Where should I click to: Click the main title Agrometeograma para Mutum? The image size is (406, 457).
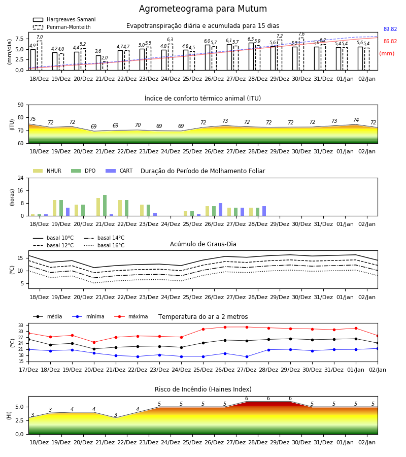[202, 9]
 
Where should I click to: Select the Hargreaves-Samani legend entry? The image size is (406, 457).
[64, 19]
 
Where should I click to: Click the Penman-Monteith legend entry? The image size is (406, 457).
[62, 27]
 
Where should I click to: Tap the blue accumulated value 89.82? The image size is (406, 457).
[390, 29]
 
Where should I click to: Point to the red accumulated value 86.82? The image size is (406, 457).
[390, 42]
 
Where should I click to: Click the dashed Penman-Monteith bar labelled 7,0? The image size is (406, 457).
[40, 55]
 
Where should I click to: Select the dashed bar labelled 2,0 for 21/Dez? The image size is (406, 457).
[105, 66]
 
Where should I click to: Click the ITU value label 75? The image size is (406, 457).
[32, 119]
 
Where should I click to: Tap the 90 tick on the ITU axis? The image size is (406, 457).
[21, 105]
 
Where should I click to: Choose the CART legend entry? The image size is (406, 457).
[119, 171]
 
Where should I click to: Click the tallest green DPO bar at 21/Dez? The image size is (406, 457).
[105, 206]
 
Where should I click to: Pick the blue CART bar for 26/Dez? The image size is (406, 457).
[220, 210]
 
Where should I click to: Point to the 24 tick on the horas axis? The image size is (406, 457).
[21, 178]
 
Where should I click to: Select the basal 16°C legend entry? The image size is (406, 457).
[104, 245]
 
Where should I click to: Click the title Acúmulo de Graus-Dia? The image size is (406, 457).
[203, 244]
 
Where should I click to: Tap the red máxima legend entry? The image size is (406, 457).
[131, 316]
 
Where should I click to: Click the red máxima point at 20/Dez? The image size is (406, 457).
[94, 342]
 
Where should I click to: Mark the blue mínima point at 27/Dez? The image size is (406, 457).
[247, 357]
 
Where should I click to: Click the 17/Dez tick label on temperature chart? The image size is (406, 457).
[28, 370]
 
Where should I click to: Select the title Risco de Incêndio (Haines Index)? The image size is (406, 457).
[203, 389]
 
